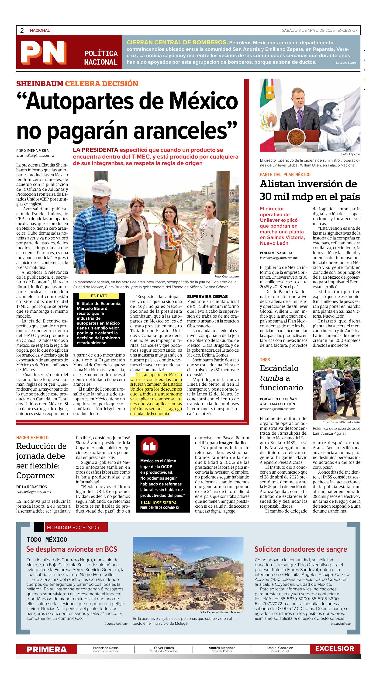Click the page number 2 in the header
coord(22,31)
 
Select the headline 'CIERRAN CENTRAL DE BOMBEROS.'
coord(177,42)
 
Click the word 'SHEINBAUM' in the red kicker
coord(40,84)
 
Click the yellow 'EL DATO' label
coord(99,296)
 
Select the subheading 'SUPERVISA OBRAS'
coord(207,296)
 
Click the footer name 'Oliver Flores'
coord(164,648)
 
